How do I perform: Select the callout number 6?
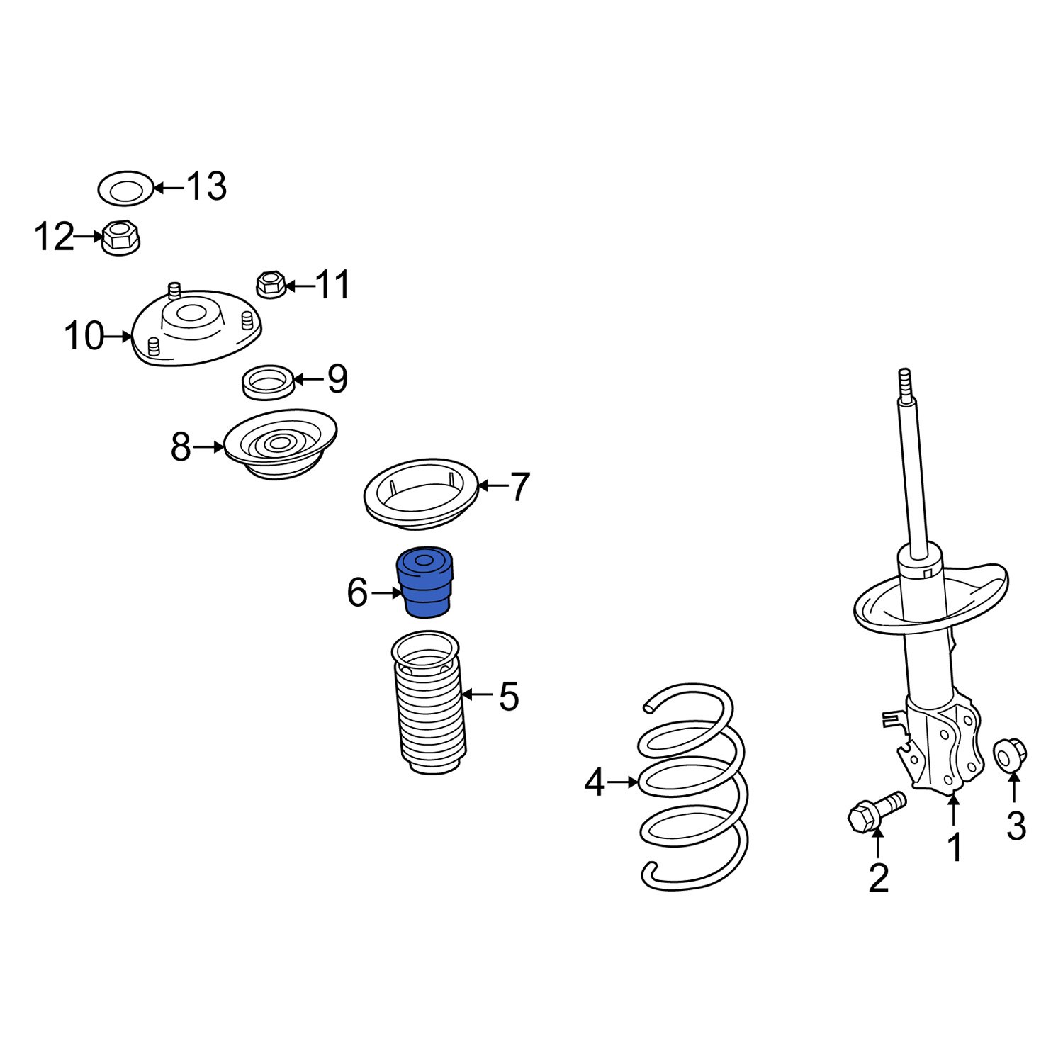(x=357, y=592)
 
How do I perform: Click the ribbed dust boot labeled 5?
(x=428, y=716)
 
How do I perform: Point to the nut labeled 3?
(x=1010, y=754)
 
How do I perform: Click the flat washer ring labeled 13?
(x=125, y=189)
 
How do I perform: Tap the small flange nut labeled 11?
(x=270, y=285)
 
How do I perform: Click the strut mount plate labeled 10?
(x=197, y=330)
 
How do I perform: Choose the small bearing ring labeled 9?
(x=269, y=382)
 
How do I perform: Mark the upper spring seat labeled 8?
(x=280, y=444)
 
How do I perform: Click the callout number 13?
(x=206, y=186)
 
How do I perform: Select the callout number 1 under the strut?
(x=955, y=848)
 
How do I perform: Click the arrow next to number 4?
(x=624, y=782)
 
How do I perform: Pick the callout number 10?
(x=84, y=336)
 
